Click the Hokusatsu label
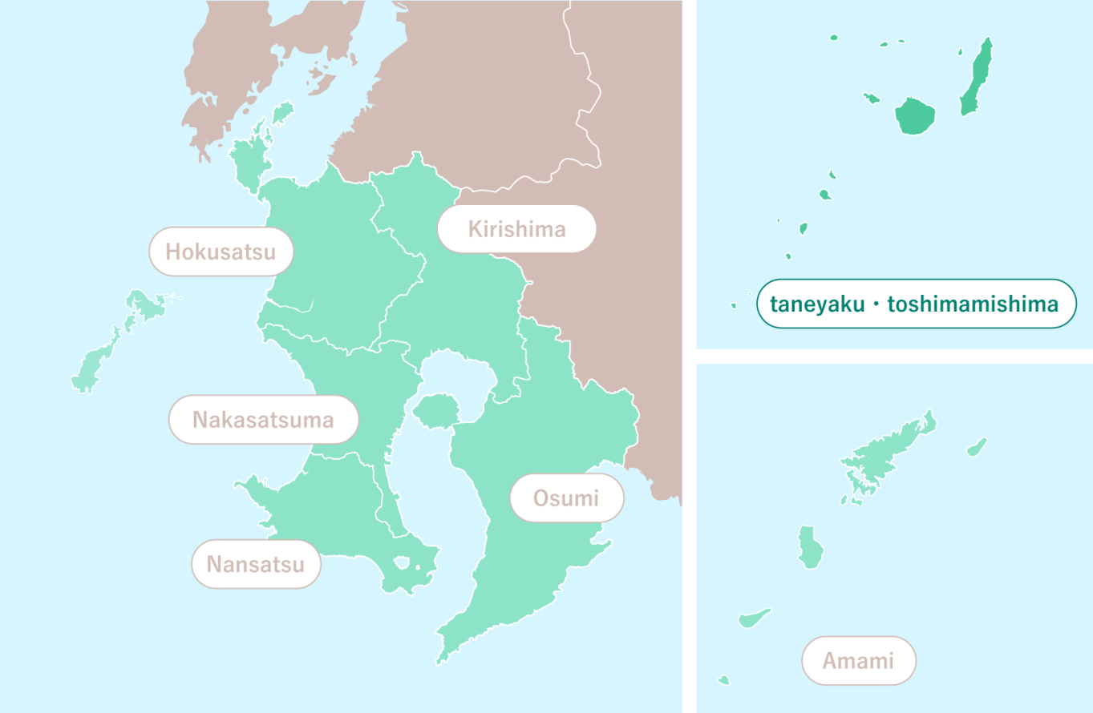tap(221, 252)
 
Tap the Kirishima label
tap(516, 229)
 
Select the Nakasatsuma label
tap(263, 419)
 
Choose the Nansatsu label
tap(256, 564)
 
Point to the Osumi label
tap(566, 497)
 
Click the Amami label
tap(858, 661)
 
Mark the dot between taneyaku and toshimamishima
tap(875, 304)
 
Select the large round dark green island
tap(914, 117)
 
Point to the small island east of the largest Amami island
tap(977, 446)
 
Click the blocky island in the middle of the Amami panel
tap(810, 548)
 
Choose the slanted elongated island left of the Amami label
tap(754, 618)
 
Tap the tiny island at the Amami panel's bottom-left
tap(724, 680)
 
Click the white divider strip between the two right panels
tap(894, 356)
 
